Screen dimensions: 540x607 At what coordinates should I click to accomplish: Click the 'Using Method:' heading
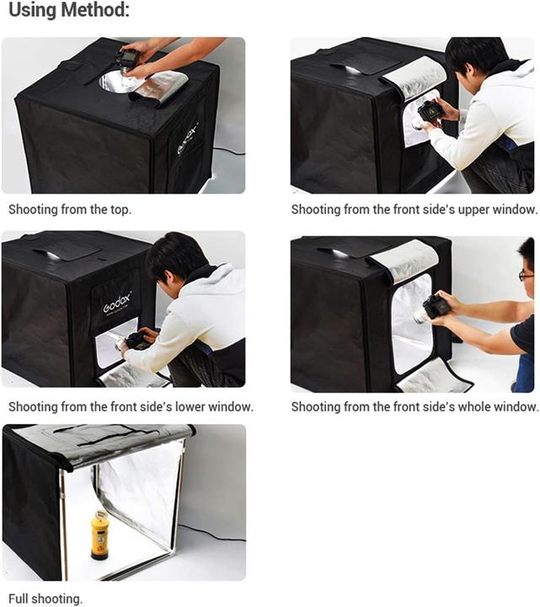69,10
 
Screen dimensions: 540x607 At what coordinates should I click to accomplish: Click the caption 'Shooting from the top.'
70,209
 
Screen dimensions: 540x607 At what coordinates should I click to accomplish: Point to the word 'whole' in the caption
473,407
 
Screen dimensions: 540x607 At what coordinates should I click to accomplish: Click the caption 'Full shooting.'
45,599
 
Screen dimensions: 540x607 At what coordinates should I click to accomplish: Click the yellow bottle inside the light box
99,535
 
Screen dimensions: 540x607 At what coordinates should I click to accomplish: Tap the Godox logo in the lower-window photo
117,303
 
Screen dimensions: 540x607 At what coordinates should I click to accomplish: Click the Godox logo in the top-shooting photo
188,138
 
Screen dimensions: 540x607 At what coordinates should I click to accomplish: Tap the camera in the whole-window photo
432,309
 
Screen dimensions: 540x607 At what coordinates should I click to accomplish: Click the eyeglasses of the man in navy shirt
526,276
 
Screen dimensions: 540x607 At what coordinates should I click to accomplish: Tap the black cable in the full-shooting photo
212,533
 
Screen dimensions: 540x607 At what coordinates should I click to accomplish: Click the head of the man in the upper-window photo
477,58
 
